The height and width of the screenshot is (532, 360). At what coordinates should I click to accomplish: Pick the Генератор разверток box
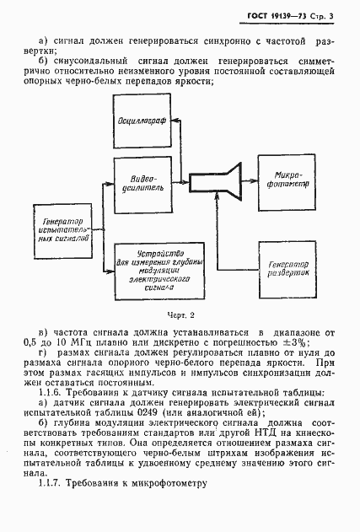(x=285, y=267)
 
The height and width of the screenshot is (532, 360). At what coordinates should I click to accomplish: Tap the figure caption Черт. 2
(x=180, y=314)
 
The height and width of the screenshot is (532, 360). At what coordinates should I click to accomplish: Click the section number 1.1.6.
(x=54, y=394)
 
